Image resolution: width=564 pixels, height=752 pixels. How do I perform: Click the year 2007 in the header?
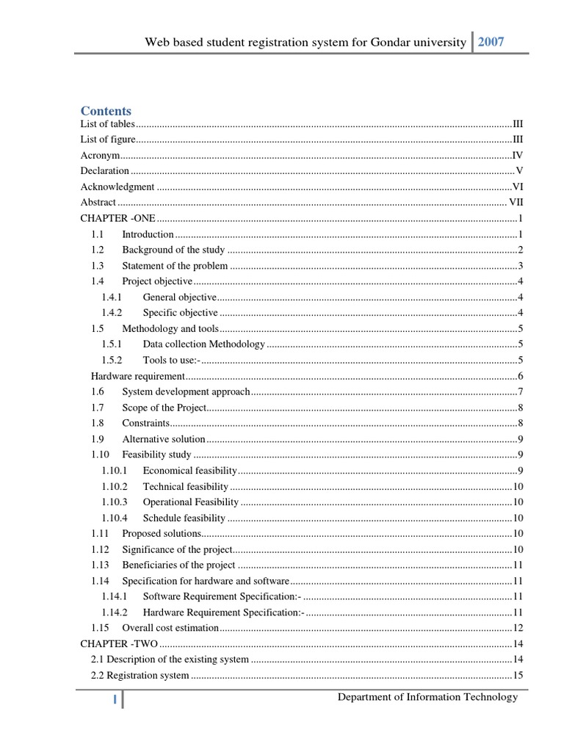click(491, 42)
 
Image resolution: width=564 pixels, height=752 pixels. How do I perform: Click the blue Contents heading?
click(106, 111)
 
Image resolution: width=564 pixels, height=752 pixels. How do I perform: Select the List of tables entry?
click(107, 124)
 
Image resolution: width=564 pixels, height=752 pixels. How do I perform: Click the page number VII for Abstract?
click(516, 202)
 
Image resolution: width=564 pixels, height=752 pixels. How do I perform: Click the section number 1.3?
click(98, 266)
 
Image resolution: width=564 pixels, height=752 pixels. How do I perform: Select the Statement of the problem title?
click(175, 266)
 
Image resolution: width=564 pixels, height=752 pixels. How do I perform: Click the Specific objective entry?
click(180, 313)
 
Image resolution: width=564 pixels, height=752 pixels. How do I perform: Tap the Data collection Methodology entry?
click(203, 344)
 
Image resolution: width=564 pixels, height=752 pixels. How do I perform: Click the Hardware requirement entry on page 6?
click(137, 376)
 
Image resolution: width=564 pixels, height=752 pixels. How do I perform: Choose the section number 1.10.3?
click(115, 502)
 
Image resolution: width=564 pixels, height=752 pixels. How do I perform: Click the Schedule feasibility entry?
click(184, 518)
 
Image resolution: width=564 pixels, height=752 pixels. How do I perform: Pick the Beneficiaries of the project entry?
click(178, 565)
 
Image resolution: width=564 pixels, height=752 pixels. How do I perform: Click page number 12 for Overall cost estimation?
click(518, 628)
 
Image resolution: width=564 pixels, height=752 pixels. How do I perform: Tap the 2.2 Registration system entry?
click(140, 675)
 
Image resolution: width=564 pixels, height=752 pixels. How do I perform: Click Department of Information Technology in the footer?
click(427, 697)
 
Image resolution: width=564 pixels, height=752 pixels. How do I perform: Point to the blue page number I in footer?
click(115, 700)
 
